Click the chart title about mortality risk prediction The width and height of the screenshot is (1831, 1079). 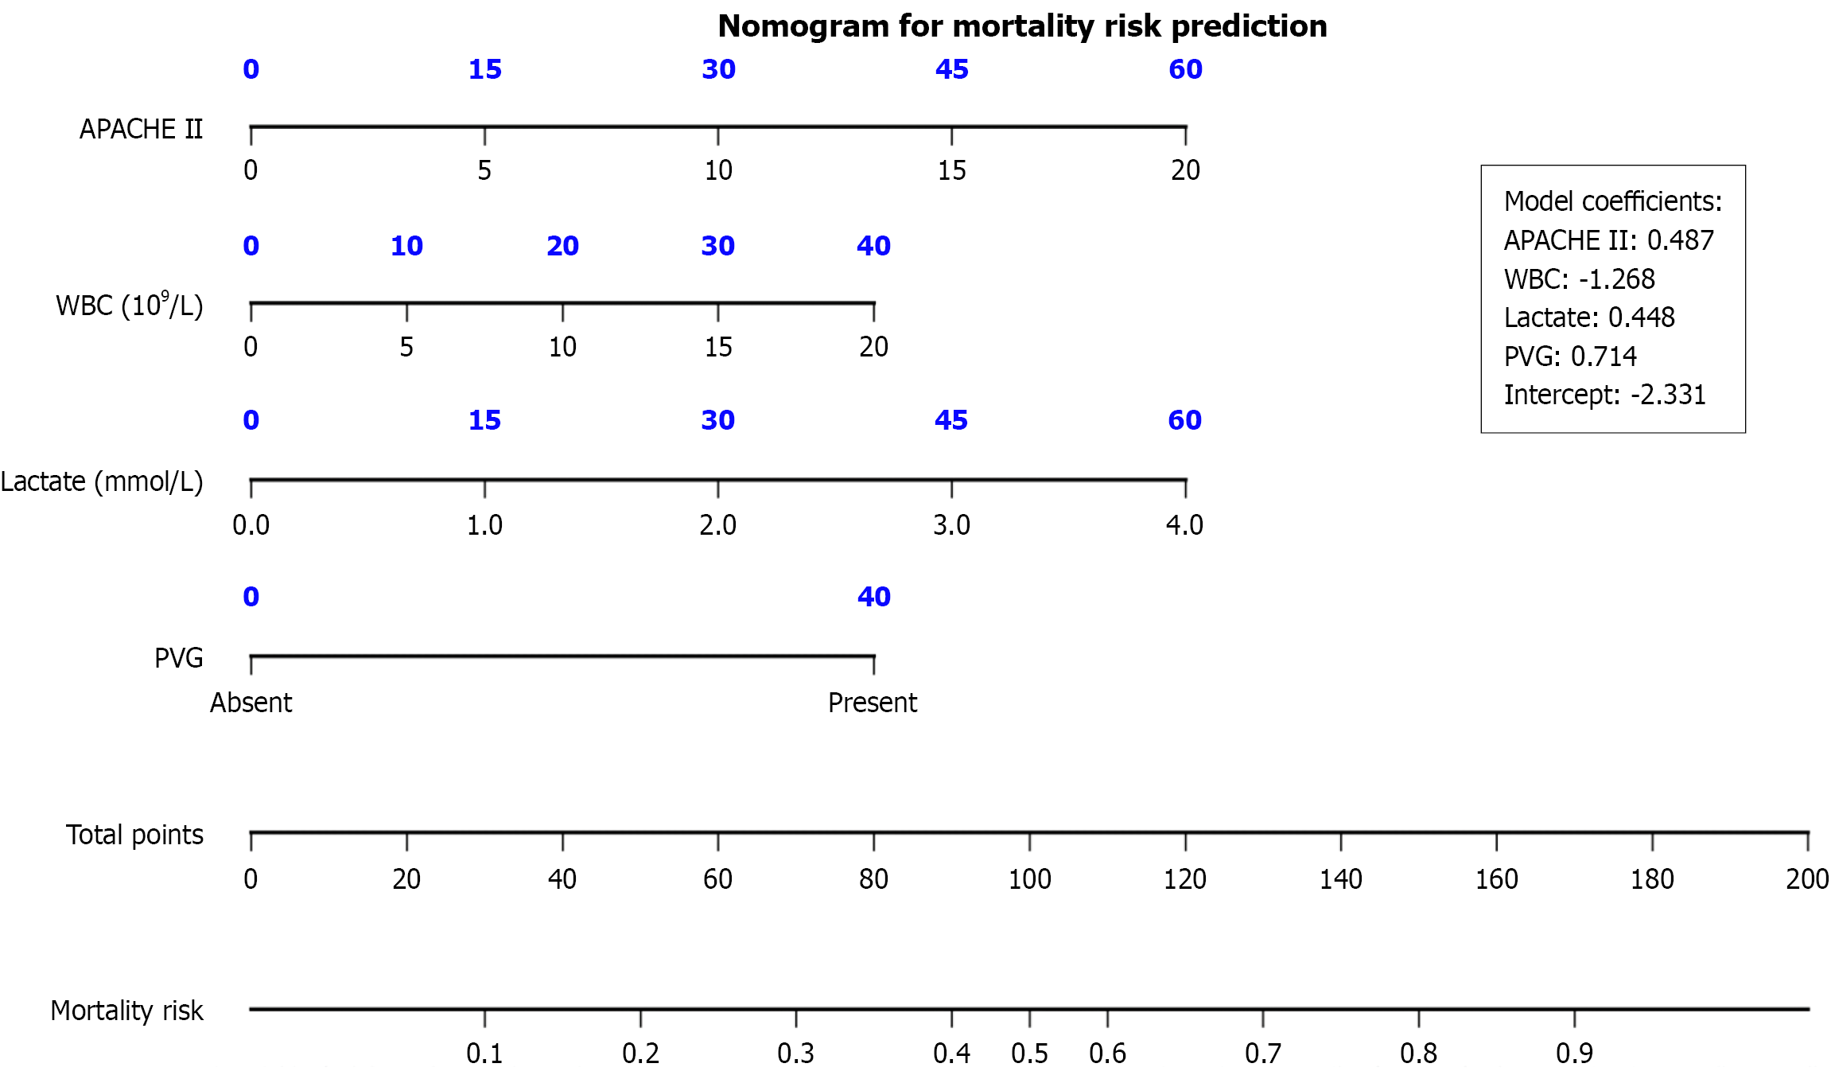[x=1022, y=26]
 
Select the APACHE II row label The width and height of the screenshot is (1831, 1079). [x=141, y=129]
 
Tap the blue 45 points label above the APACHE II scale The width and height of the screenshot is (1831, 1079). [x=951, y=69]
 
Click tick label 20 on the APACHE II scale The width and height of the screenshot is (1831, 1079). [x=1185, y=170]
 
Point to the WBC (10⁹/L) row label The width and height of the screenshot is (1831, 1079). [x=129, y=306]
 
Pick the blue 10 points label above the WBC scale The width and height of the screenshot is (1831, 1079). [x=406, y=246]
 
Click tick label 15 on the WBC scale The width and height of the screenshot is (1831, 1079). [x=717, y=347]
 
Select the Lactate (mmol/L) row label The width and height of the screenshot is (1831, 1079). [x=102, y=482]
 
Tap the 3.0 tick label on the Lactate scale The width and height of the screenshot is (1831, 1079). [x=951, y=525]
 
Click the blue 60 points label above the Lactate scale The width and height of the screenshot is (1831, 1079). [x=1184, y=420]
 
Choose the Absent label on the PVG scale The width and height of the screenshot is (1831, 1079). [x=251, y=703]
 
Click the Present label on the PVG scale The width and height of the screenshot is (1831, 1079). [x=873, y=703]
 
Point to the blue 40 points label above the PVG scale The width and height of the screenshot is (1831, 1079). [x=873, y=597]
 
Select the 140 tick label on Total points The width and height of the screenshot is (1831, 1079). [x=1340, y=879]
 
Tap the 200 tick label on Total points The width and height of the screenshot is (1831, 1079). [x=1806, y=879]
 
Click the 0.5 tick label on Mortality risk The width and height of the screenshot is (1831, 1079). [x=1029, y=1054]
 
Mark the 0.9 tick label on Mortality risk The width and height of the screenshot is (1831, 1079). [x=1574, y=1054]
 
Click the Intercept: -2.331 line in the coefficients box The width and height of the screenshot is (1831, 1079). [x=1604, y=395]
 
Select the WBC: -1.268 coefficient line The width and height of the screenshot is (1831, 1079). [x=1579, y=279]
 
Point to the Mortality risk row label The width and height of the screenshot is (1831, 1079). [x=126, y=1011]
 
